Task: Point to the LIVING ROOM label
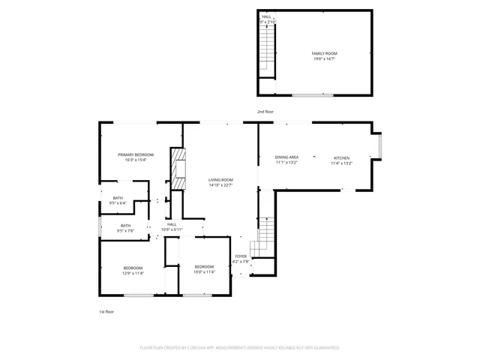click(220, 180)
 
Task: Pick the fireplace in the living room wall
click(178, 170)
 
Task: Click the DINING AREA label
click(286, 157)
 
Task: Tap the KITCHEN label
click(341, 157)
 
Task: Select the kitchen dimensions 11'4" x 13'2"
click(341, 163)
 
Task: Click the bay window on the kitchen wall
click(382, 147)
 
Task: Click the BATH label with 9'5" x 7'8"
click(125, 225)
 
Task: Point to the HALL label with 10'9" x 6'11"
click(172, 224)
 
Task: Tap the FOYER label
click(240, 256)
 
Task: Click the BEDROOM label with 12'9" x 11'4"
click(133, 268)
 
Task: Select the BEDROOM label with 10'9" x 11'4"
click(204, 267)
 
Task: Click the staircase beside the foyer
click(262, 236)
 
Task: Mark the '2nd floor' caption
click(265, 112)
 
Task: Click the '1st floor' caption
click(106, 311)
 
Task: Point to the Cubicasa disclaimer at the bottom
click(240, 348)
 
